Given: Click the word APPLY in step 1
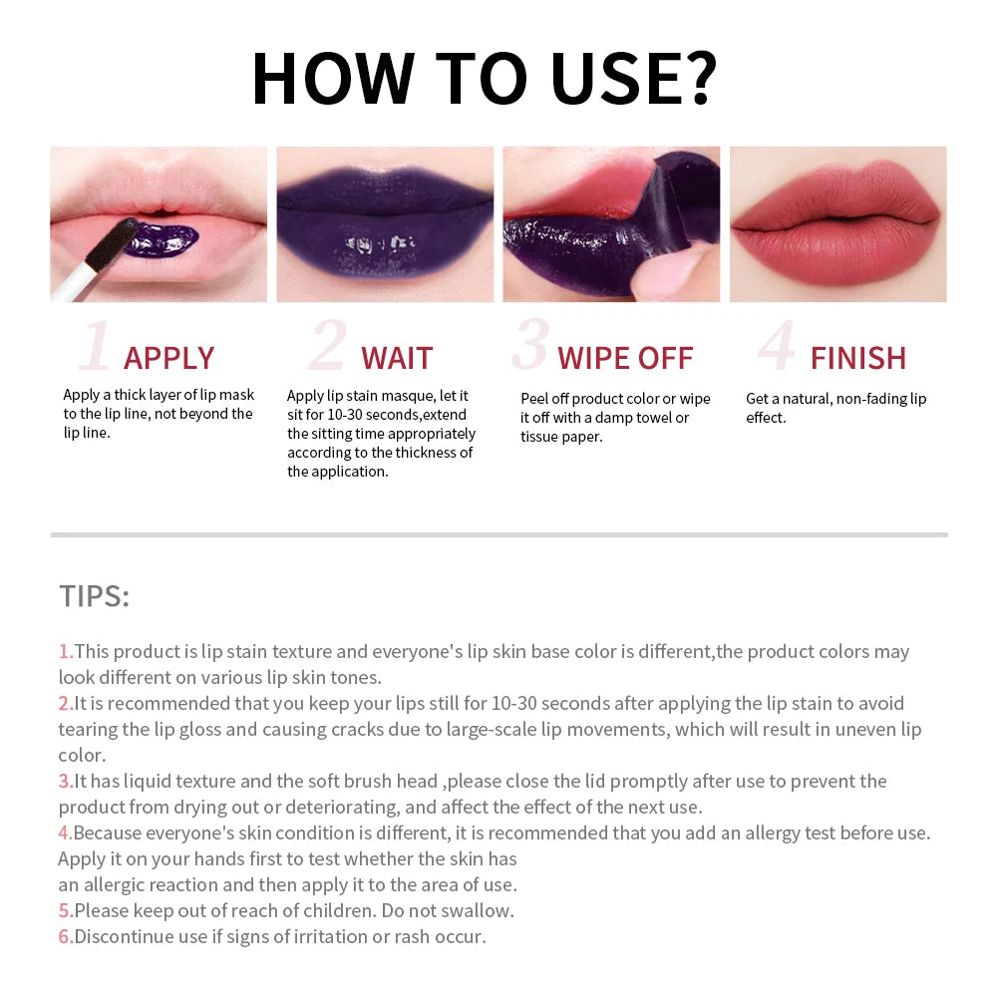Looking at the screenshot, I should [168, 358].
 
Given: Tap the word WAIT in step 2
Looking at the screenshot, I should [396, 358].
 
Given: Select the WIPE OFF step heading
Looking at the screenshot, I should [625, 358].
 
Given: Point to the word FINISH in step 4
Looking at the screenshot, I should [857, 358].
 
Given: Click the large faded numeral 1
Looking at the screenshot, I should [95, 347].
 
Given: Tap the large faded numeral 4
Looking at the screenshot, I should [776, 347].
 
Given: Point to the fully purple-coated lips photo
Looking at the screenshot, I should [385, 224].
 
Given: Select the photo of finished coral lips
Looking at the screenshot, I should [837, 224].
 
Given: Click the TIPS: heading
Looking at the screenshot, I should [94, 596].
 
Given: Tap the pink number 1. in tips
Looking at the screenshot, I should [65, 652].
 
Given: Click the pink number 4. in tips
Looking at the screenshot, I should [65, 833].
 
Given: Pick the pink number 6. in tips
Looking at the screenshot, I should [65, 937].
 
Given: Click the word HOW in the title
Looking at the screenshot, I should [331, 78].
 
